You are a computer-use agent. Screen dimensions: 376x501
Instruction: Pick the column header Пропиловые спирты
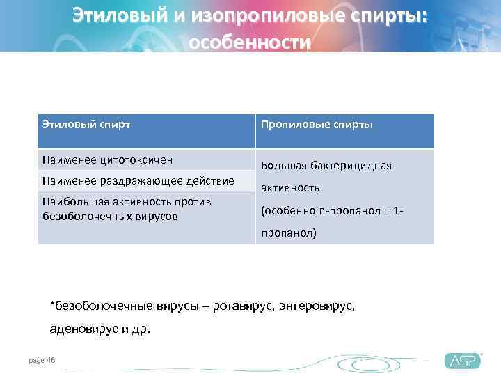[317, 125]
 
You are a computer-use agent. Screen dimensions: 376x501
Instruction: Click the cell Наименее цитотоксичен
[107, 159]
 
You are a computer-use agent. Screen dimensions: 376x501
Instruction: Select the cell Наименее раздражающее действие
[138, 181]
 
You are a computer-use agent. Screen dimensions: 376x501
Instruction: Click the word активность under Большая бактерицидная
[290, 188]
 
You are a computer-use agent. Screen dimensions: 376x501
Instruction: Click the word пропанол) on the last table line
[288, 233]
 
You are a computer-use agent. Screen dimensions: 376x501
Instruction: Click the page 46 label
[42, 359]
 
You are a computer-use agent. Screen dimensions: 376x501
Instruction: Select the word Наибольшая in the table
[70, 202]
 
